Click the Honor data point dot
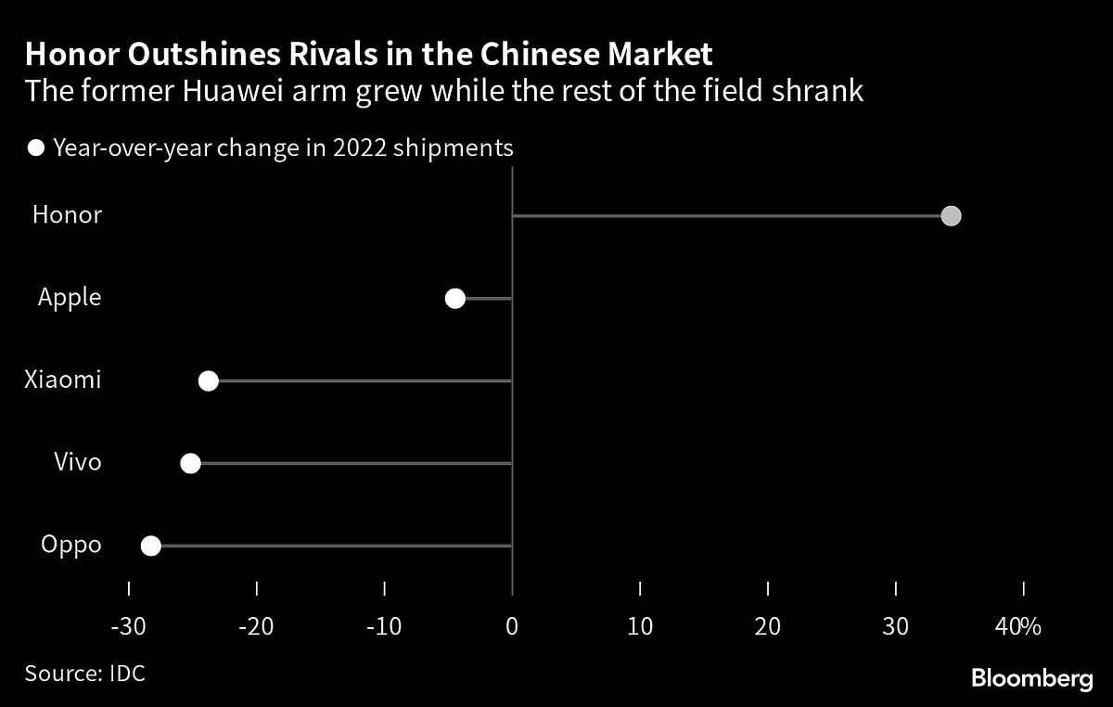click(951, 216)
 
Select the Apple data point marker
click(454, 298)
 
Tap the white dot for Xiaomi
click(209, 380)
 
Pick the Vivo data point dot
click(191, 463)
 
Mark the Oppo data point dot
click(151, 546)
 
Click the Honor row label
click(67, 215)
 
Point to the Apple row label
click(70, 298)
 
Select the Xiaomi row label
click(63, 380)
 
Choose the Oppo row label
click(71, 545)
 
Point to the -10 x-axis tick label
click(383, 626)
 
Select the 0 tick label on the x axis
click(512, 626)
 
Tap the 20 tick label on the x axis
click(768, 626)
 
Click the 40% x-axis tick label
click(1017, 626)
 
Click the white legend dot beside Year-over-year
click(36, 148)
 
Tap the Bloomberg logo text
click(1031, 679)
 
